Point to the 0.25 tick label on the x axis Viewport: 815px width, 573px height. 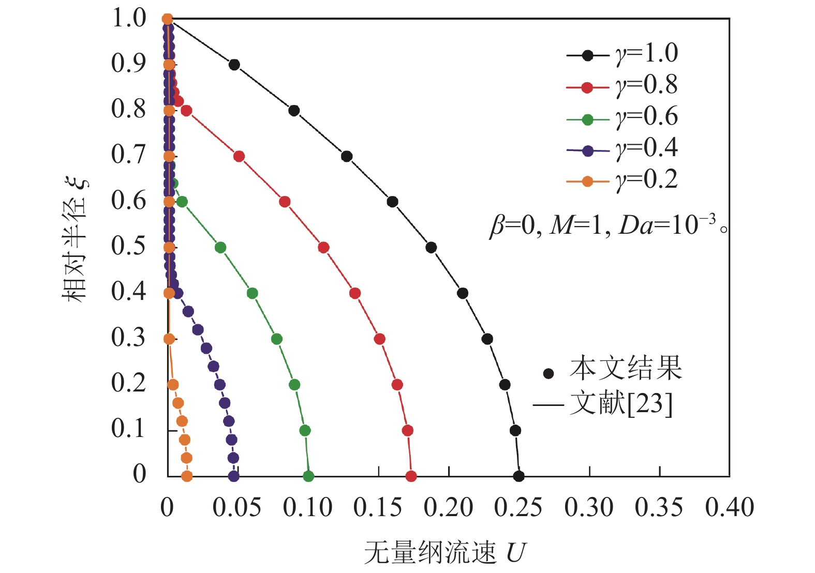518,508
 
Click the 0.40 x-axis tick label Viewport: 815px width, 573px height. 730,508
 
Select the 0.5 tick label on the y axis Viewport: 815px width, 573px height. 129,247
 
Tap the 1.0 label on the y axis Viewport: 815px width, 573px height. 129,19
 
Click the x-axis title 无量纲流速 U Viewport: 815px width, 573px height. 444,552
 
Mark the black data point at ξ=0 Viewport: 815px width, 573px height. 518,476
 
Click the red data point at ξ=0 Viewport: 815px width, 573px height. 411,476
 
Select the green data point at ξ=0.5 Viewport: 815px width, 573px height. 220,248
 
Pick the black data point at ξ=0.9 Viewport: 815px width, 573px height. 234,65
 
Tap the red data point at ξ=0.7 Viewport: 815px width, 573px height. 239,156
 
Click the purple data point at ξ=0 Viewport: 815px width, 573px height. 234,476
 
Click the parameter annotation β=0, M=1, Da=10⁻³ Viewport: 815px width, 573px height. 607,225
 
